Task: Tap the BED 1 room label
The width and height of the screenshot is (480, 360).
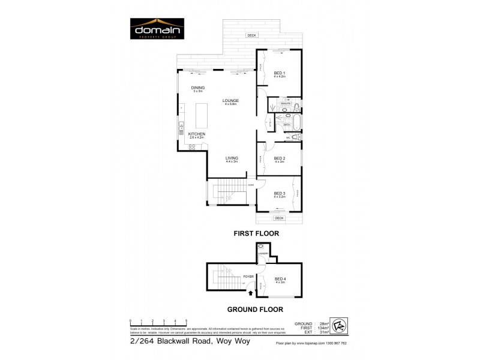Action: (x=280, y=73)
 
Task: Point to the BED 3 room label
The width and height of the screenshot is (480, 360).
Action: (x=280, y=193)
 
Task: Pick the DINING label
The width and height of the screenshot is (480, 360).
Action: (x=198, y=88)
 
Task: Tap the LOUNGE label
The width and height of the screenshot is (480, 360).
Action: (x=231, y=100)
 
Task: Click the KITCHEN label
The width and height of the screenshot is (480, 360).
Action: (x=197, y=134)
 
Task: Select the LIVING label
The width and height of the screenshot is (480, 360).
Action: (x=232, y=158)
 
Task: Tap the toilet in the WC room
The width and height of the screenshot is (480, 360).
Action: (x=296, y=137)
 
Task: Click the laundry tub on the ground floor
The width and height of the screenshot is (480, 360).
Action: (x=262, y=247)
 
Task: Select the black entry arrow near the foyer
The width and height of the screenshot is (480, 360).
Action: (x=251, y=292)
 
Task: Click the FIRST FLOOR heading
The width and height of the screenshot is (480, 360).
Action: (x=256, y=233)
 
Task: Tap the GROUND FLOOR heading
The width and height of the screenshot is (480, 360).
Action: (x=254, y=310)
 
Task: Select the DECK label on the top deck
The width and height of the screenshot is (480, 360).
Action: (x=251, y=35)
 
